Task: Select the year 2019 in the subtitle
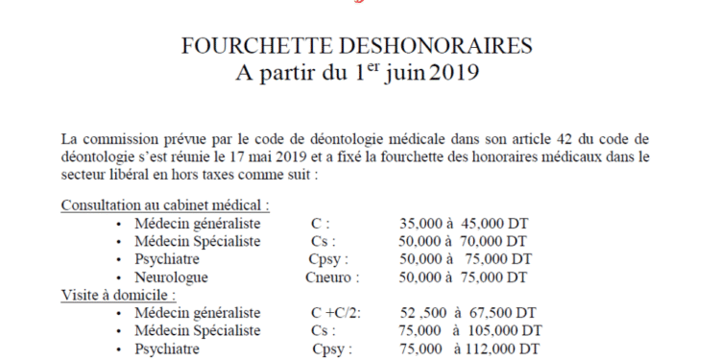tap(451, 73)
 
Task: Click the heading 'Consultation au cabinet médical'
tap(164, 204)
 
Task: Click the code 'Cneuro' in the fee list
tap(331, 277)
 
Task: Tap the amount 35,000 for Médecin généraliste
tap(422, 224)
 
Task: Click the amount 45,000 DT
tap(496, 224)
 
